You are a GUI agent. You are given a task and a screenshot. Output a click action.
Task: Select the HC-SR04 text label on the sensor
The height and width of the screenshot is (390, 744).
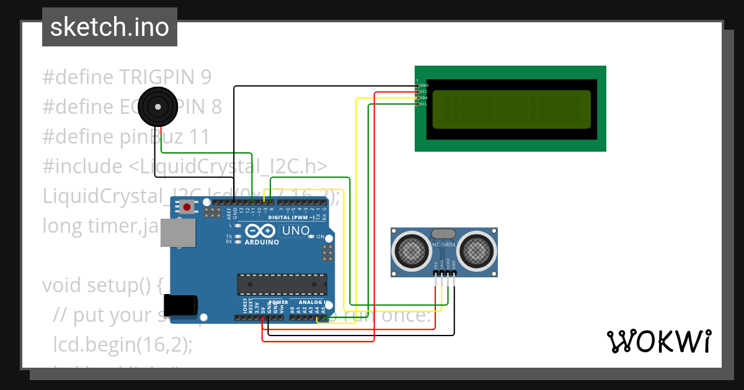tap(444, 246)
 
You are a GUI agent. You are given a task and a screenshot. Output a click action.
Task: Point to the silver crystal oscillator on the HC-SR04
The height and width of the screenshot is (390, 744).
tap(443, 233)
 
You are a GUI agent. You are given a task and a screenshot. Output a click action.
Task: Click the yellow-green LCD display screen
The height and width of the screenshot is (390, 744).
tap(511, 109)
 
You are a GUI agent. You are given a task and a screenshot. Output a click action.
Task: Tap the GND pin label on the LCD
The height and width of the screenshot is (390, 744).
tap(424, 85)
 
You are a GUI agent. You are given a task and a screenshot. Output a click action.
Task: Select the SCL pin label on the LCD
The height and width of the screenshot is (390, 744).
tap(423, 104)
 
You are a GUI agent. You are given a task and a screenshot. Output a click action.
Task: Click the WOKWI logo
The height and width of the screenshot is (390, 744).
tap(658, 341)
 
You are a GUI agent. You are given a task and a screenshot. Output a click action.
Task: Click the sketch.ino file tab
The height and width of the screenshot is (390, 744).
tap(110, 27)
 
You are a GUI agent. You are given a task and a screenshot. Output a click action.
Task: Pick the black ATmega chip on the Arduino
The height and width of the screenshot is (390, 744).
tap(282, 284)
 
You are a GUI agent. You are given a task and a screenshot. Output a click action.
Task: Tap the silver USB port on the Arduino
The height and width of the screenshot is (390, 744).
tap(178, 233)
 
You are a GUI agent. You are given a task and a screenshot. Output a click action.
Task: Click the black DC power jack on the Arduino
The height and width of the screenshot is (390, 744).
tap(180, 305)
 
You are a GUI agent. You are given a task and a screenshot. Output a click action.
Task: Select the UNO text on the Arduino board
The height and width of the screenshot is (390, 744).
tap(296, 231)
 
